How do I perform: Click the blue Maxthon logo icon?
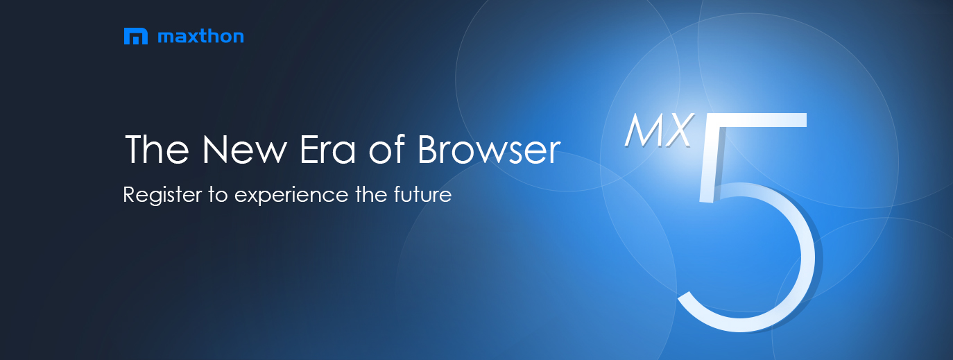(x=136, y=36)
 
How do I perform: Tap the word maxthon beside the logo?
(x=201, y=36)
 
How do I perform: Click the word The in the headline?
(x=157, y=149)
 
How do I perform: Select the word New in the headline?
(x=245, y=149)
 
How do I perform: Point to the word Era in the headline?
(x=327, y=149)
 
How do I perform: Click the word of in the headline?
(x=387, y=149)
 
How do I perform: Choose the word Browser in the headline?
(x=489, y=149)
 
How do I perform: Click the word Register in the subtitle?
(x=162, y=196)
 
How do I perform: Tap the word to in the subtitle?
(x=218, y=195)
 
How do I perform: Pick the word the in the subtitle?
(x=371, y=194)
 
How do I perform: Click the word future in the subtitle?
(x=422, y=194)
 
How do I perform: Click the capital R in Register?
(x=130, y=194)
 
